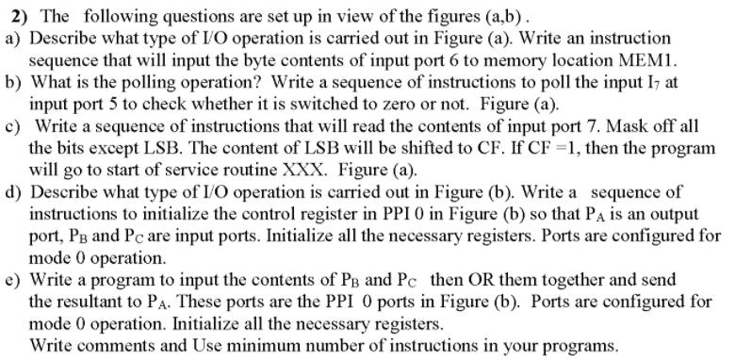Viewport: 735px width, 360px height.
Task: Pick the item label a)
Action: (x=12, y=38)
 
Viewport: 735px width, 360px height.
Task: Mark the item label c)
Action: (x=12, y=128)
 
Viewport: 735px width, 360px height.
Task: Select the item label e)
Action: (x=12, y=280)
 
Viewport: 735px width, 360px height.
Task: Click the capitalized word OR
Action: (x=488, y=280)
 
